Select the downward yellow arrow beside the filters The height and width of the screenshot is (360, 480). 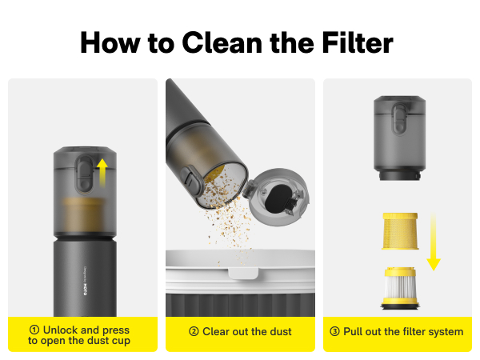(x=434, y=239)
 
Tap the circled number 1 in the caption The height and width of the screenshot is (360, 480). (x=34, y=330)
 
